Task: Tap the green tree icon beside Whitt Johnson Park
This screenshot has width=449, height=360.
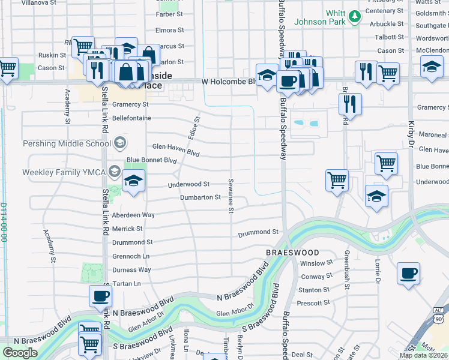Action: point(355,16)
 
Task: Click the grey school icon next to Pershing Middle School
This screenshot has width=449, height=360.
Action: point(120,143)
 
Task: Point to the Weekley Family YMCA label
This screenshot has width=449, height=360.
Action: point(64,172)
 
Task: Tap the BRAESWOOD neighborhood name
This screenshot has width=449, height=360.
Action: point(292,253)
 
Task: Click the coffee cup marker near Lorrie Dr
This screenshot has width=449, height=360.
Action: point(408,274)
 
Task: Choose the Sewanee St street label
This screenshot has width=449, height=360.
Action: point(231,195)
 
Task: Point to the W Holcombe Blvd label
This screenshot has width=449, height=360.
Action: point(228,81)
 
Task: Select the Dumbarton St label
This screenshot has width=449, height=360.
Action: point(201,197)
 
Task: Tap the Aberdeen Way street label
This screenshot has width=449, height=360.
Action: point(133,215)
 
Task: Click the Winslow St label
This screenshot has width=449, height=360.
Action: point(316,263)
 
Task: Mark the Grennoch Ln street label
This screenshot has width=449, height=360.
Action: point(131,256)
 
